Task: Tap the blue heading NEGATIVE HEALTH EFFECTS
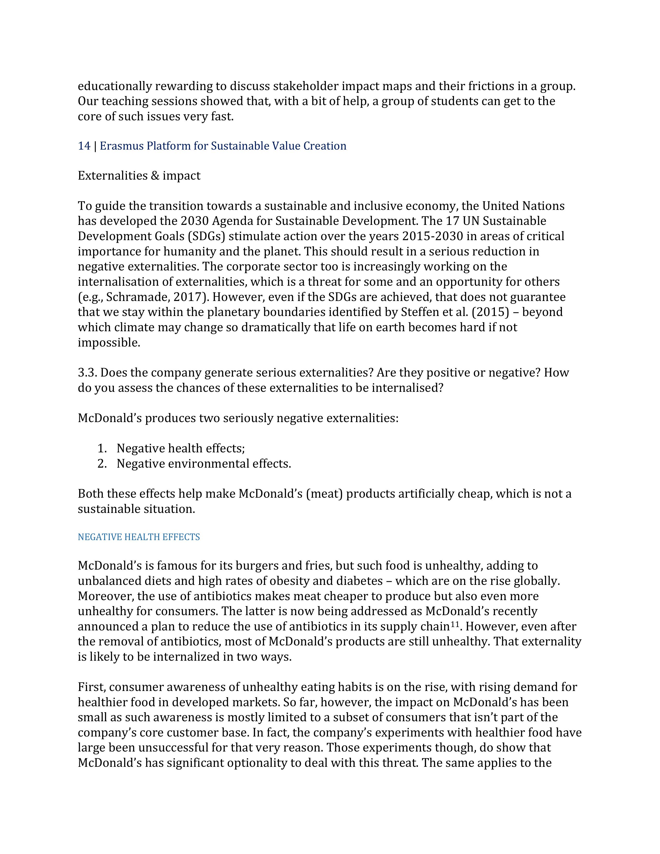(x=139, y=537)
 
